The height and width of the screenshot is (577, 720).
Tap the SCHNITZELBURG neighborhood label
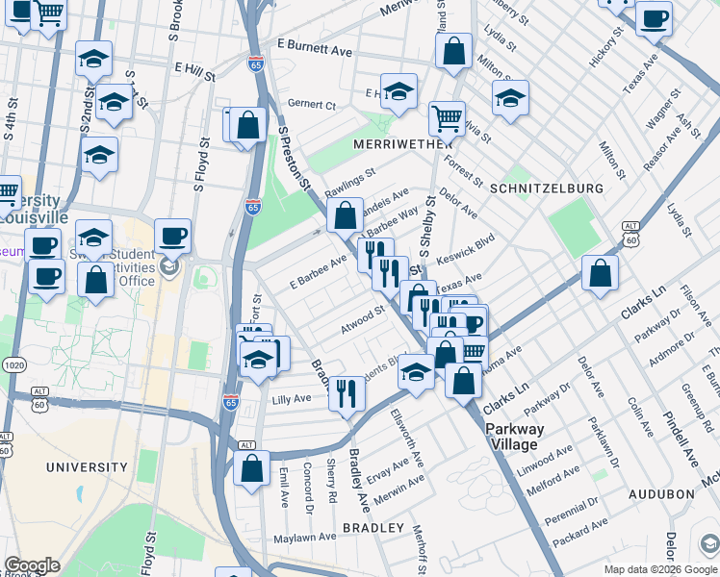click(546, 188)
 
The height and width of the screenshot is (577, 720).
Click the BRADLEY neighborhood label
click(373, 528)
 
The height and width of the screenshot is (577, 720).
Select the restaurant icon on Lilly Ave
click(347, 391)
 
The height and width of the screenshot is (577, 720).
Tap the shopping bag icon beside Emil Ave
click(251, 468)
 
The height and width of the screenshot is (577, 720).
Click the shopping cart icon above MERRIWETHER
click(447, 118)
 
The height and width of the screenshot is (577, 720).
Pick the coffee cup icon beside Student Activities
click(172, 235)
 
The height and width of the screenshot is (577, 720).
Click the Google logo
click(32, 565)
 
